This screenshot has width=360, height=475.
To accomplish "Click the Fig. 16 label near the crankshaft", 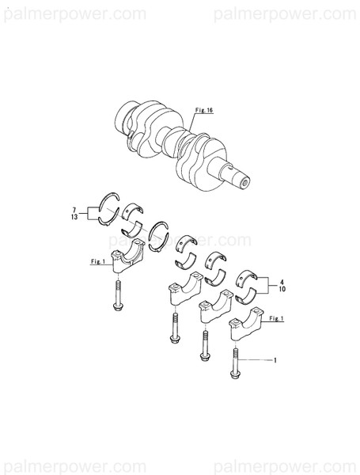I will pos(203,112).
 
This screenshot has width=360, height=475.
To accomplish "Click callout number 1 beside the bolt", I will pos(274,362).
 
